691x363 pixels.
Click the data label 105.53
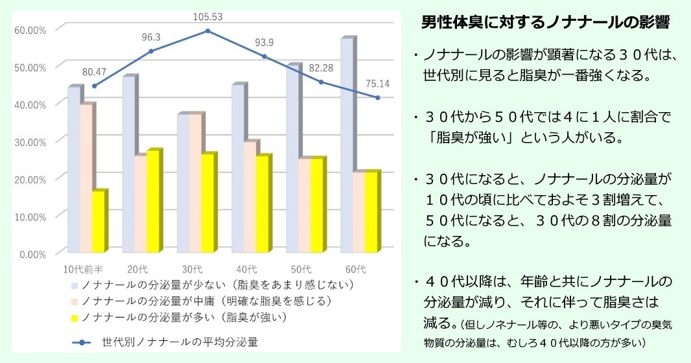(x=208, y=17)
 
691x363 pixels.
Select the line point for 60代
(x=377, y=98)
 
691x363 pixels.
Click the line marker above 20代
(x=151, y=51)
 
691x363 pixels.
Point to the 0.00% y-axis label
(x=33, y=253)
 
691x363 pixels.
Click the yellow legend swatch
(x=75, y=318)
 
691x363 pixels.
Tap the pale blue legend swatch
(x=75, y=285)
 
